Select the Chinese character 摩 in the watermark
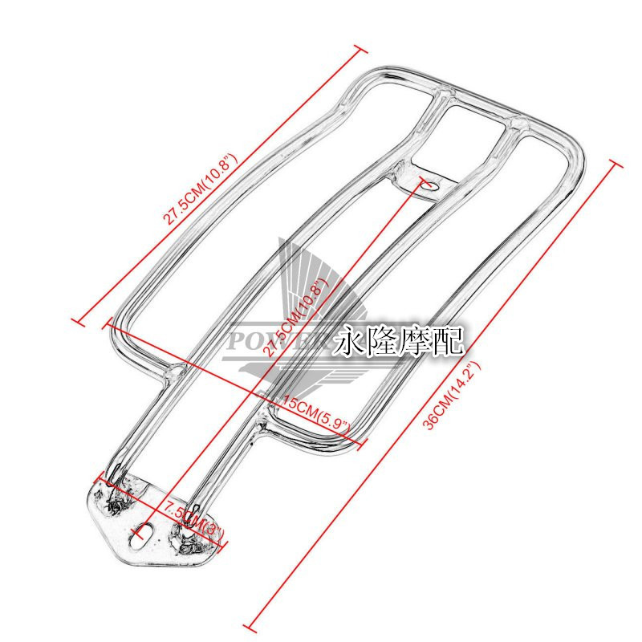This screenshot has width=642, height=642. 418,342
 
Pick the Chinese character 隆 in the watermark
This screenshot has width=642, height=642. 385,342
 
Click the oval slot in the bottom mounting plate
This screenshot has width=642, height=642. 146,530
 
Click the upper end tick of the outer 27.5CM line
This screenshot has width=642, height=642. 357,50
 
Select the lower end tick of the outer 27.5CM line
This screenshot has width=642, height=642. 78,321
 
